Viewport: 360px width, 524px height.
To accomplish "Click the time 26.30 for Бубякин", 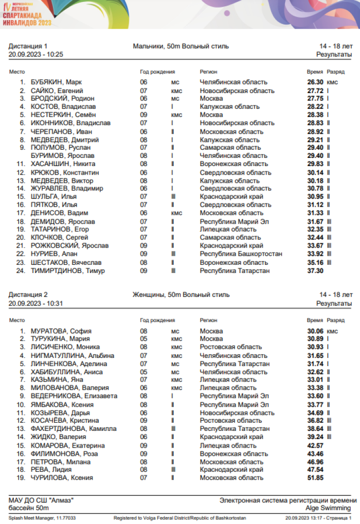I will click(x=315, y=82).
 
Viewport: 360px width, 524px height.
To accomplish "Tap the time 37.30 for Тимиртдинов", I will click(x=315, y=271).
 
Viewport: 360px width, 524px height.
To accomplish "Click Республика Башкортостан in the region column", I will click(x=241, y=254).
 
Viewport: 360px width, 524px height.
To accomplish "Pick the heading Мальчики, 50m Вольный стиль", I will click(x=180, y=46).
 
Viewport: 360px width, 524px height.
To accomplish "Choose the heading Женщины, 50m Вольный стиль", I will click(x=181, y=295).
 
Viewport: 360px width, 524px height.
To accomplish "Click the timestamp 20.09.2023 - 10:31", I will click(x=36, y=303).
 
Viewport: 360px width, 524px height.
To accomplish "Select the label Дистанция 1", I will click(x=28, y=46).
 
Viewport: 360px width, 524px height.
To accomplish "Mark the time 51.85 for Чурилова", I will click(x=315, y=478).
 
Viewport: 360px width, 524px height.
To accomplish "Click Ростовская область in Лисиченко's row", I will click(x=231, y=347).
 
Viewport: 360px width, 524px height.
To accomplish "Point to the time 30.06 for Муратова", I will click(x=315, y=331).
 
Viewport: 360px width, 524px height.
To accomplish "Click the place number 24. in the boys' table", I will click(x=20, y=271).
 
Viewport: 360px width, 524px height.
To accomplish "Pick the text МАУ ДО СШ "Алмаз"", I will click(x=41, y=500).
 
